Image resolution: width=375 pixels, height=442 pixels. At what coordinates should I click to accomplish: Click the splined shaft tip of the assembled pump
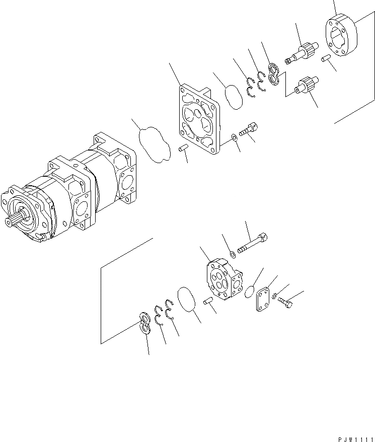pyautogui.click(x=12, y=221)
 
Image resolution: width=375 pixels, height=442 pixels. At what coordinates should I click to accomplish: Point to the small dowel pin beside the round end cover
pyautogui.click(x=326, y=60)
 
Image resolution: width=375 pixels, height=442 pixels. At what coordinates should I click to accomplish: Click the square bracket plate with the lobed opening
pyautogui.click(x=198, y=118)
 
